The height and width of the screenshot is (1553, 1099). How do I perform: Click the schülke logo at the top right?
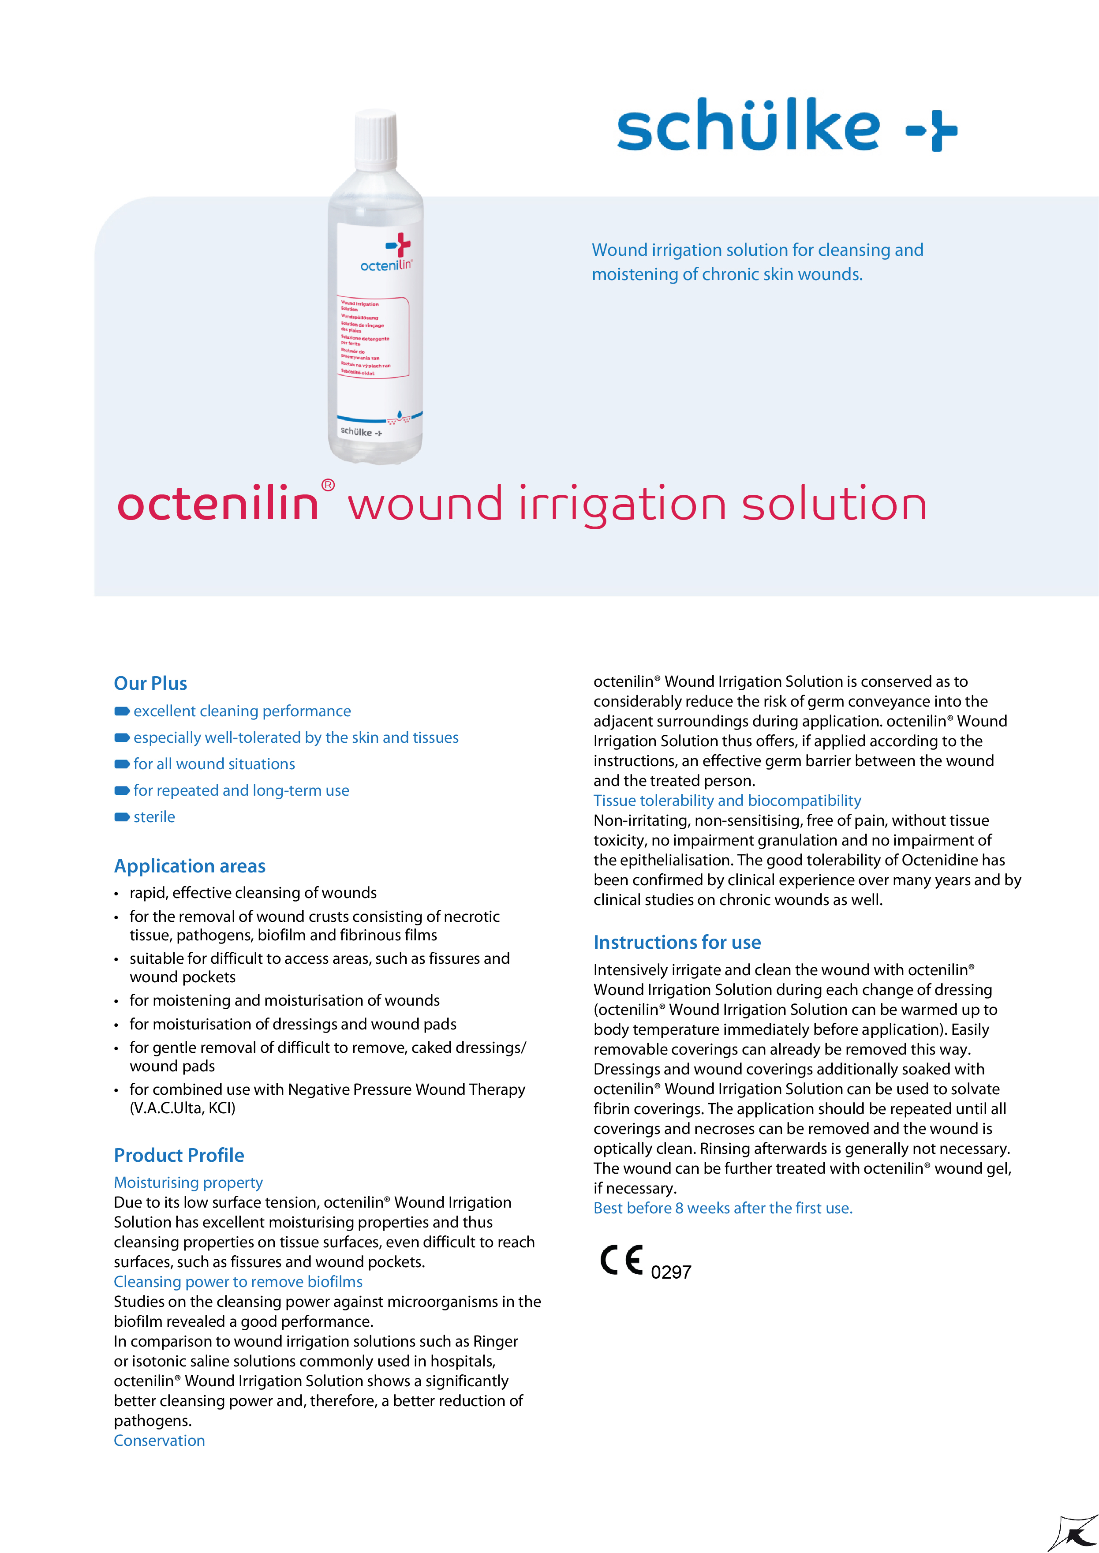point(786,125)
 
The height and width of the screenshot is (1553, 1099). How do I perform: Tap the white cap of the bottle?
point(376,140)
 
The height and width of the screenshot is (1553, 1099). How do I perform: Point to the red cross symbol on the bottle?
point(399,244)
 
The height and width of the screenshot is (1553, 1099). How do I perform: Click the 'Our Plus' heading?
point(150,684)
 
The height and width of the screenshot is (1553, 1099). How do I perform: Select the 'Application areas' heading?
point(190,866)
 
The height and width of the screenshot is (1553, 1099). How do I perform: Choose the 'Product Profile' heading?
point(179,1155)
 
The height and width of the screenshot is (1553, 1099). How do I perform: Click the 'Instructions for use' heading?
point(677,942)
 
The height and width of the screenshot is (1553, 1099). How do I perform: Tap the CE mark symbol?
point(621,1260)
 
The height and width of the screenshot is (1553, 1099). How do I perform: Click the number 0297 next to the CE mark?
point(671,1272)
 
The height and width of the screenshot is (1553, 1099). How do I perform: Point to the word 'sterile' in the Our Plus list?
point(154,817)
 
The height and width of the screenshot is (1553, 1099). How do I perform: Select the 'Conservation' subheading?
point(159,1441)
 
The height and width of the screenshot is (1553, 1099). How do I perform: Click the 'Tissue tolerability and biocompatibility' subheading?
point(727,801)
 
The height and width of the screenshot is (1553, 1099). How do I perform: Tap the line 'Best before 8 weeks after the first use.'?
point(723,1208)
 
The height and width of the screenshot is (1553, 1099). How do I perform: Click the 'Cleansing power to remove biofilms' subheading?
point(238,1282)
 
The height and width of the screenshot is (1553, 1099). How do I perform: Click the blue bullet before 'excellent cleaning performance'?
point(122,711)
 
